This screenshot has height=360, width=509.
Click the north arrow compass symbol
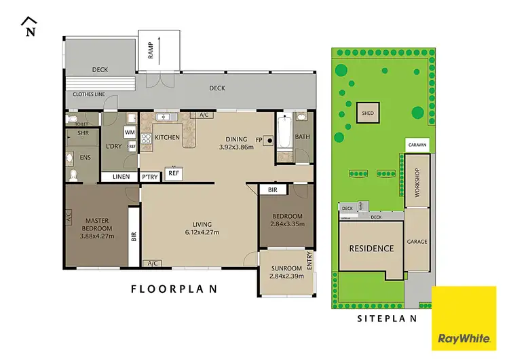point(29,26)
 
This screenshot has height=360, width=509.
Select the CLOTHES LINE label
point(85,94)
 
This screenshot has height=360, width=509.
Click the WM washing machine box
point(129,132)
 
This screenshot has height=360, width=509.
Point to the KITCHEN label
point(167,138)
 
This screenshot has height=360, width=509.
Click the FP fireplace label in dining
point(258,141)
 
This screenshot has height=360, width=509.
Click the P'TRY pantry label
point(149,177)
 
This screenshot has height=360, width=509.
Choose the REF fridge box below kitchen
point(174,173)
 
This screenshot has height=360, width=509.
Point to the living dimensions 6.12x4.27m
point(202,233)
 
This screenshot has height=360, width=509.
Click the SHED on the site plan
point(368,113)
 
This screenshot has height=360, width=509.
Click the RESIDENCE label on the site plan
point(371,249)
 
